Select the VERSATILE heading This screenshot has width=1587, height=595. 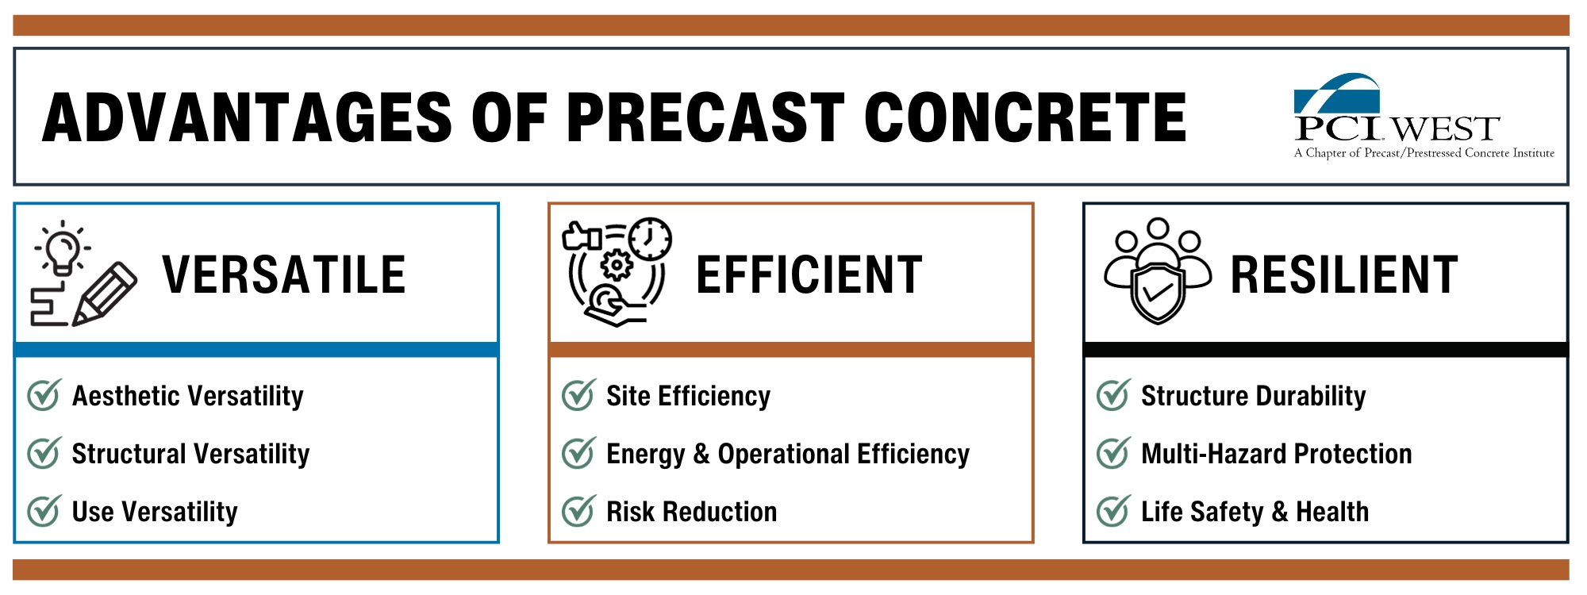[284, 274]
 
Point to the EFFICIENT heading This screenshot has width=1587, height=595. [809, 274]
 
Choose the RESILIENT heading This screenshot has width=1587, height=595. [1344, 274]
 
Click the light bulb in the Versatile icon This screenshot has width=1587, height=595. [63, 249]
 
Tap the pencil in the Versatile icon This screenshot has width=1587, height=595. [105, 294]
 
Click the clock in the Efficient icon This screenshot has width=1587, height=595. [650, 239]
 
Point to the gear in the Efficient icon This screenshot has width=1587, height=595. [617, 265]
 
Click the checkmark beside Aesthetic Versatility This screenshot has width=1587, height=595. [44, 394]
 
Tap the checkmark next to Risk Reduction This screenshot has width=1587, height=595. [578, 510]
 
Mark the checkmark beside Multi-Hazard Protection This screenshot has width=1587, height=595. [1113, 452]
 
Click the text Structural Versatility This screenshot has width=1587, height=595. [190, 454]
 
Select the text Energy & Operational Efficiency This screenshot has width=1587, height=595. [788, 454]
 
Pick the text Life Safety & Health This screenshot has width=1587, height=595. [1255, 512]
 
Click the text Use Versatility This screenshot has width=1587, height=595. [155, 512]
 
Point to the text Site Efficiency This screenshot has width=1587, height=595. [689, 396]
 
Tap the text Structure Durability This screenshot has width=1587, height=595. [1254, 396]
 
